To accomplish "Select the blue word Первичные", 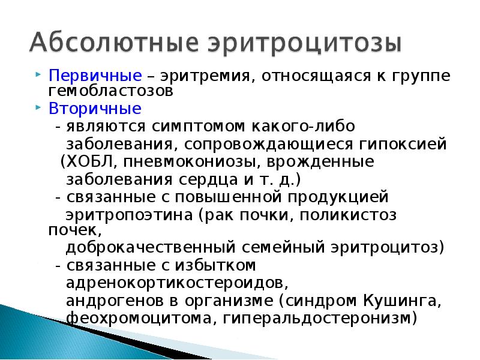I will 95,77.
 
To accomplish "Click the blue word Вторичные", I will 95,110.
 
